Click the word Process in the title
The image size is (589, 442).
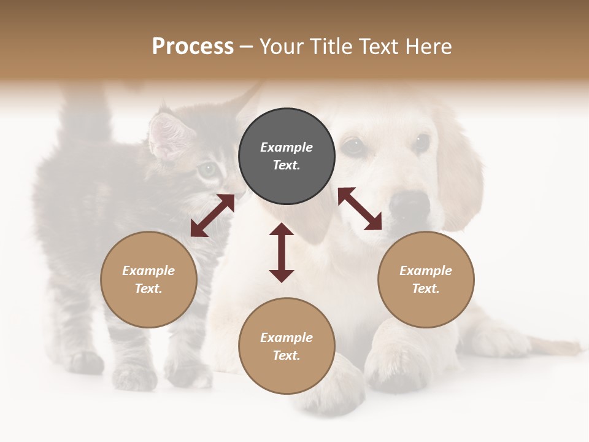click(193, 47)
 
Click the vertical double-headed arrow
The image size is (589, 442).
click(282, 252)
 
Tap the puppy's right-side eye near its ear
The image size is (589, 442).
click(422, 142)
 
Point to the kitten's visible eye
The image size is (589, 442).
click(209, 168)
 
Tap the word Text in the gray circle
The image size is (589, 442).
click(287, 165)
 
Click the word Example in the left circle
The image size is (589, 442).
click(148, 271)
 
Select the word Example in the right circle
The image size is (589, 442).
click(426, 271)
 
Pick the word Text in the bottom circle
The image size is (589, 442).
click(287, 355)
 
